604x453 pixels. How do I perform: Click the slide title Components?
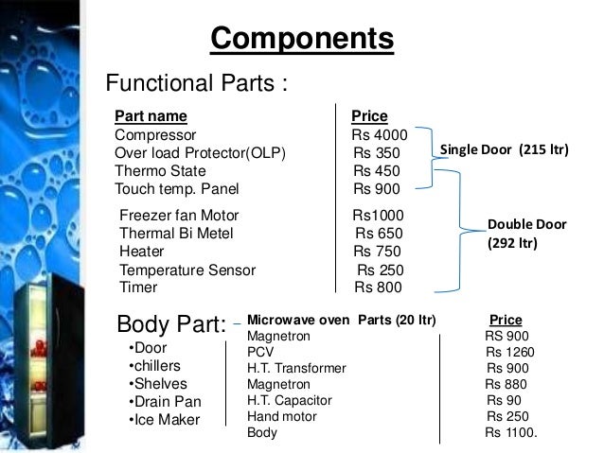pyautogui.click(x=301, y=40)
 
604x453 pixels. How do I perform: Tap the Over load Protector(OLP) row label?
pyautogui.click(x=200, y=153)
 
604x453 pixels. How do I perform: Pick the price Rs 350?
pyautogui.click(x=377, y=153)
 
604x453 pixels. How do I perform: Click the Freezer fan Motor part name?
pyautogui.click(x=180, y=216)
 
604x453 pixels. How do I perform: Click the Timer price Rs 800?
pyautogui.click(x=378, y=287)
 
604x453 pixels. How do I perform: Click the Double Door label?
pyautogui.click(x=526, y=225)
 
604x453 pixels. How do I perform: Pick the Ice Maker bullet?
pyautogui.click(x=162, y=419)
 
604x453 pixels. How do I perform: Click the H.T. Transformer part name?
pyautogui.click(x=296, y=368)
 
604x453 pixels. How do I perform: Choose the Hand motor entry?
pyautogui.click(x=282, y=416)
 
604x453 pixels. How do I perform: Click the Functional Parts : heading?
pyautogui.click(x=195, y=84)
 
